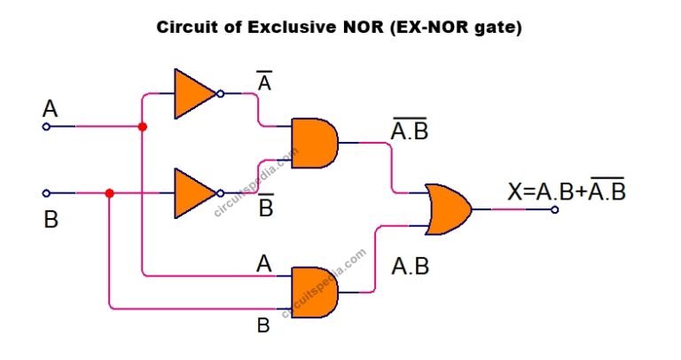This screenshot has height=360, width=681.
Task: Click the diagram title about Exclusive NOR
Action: pyautogui.click(x=340, y=27)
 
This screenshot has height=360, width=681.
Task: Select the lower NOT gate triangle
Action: pyautogui.click(x=192, y=192)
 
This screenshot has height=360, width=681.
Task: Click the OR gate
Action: pyautogui.click(x=448, y=209)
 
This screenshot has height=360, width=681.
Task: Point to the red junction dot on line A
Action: pyautogui.click(x=142, y=127)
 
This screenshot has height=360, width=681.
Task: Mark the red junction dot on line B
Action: pyautogui.click(x=109, y=192)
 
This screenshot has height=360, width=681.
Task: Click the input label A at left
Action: pyautogui.click(x=51, y=109)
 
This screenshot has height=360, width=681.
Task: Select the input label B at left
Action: pyautogui.click(x=51, y=219)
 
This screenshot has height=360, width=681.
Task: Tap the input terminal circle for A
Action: pyautogui.click(x=46, y=127)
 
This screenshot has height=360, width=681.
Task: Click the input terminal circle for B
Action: pyautogui.click(x=46, y=192)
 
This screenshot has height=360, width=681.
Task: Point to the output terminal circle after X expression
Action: pyautogui.click(x=555, y=209)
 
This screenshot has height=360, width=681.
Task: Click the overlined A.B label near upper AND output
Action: pyautogui.click(x=411, y=131)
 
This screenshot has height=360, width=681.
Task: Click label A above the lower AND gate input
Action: pyautogui.click(x=263, y=262)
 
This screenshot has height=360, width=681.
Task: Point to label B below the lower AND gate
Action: pyautogui.click(x=263, y=325)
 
